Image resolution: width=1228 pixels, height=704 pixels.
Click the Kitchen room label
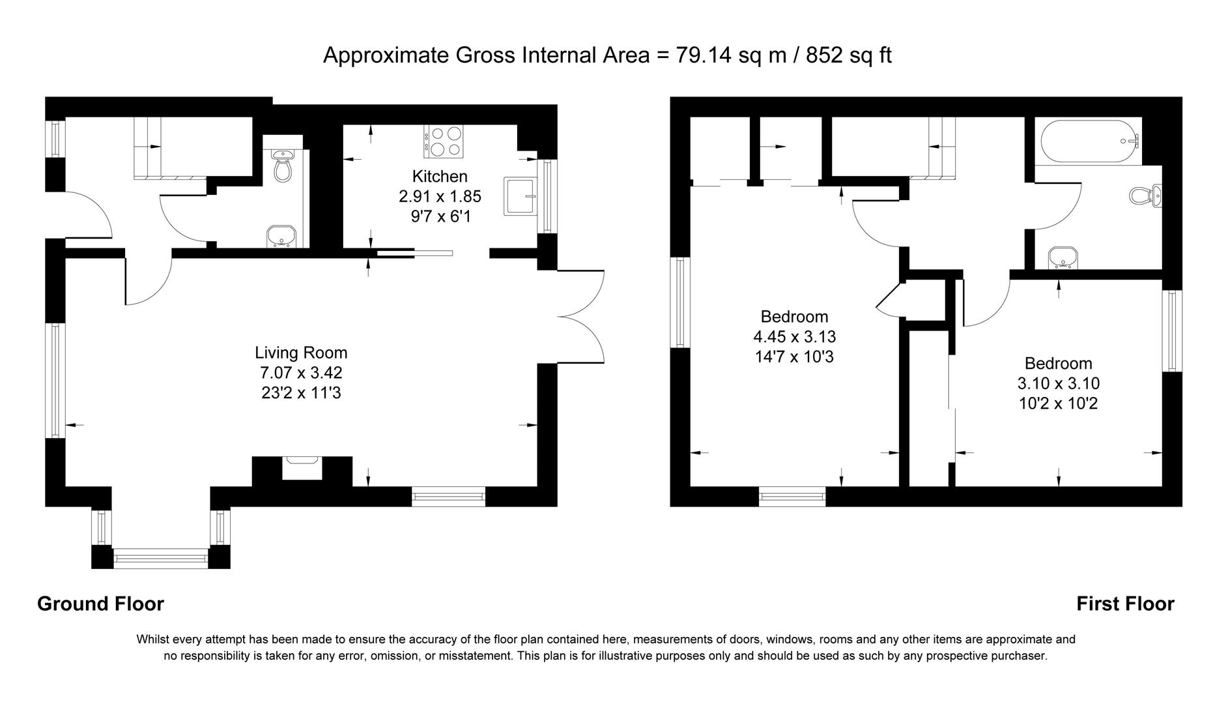point(440,176)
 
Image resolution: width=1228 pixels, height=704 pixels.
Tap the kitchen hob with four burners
point(444,141)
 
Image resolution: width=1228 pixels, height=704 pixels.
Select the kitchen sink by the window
point(519,196)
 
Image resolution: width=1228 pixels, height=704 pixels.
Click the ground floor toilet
point(283,166)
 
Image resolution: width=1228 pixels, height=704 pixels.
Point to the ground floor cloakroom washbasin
point(281,237)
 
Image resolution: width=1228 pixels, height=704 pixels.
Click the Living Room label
point(301,353)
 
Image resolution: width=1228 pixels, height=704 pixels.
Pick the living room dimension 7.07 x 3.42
point(301,373)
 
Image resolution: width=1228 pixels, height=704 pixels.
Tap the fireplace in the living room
point(302,468)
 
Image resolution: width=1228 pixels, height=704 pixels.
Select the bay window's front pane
point(160,558)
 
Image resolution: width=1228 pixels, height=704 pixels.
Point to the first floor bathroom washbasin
point(1064,259)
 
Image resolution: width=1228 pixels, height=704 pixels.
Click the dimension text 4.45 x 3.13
point(794,337)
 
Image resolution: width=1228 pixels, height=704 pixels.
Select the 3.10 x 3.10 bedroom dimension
point(1058,384)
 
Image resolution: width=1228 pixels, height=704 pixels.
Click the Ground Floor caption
point(100,604)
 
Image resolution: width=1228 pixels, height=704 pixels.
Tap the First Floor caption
point(1124,604)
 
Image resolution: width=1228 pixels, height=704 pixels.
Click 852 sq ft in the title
point(848,55)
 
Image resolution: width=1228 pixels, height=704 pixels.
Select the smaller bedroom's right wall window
point(1172,330)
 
